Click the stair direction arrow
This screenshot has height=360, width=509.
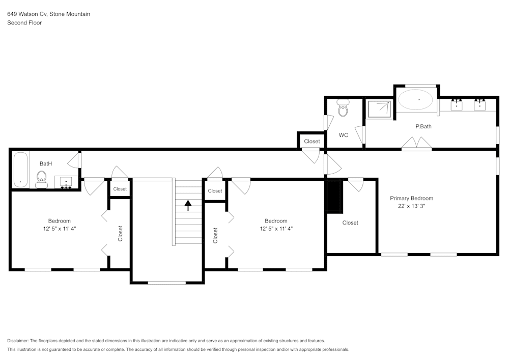point(188,205)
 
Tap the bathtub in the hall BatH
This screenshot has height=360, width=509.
point(20,170)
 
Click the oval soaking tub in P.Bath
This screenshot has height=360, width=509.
point(416,100)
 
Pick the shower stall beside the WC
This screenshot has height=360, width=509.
point(380,108)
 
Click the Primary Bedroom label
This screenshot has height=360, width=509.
point(411,198)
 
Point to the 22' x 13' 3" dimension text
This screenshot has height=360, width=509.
point(411,206)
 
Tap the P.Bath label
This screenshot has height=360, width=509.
point(423,126)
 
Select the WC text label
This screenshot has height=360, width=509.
point(343,135)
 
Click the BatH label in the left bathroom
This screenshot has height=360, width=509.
point(46,163)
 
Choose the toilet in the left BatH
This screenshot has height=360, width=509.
point(42,178)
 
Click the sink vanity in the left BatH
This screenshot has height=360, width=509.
point(66,182)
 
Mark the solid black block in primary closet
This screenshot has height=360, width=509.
point(334,197)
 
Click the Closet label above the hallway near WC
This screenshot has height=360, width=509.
point(312,141)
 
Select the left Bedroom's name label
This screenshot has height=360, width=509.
point(59,220)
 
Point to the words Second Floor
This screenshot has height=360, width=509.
point(24,23)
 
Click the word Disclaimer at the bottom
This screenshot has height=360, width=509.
point(18,341)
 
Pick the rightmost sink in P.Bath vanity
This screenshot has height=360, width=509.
point(479,105)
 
